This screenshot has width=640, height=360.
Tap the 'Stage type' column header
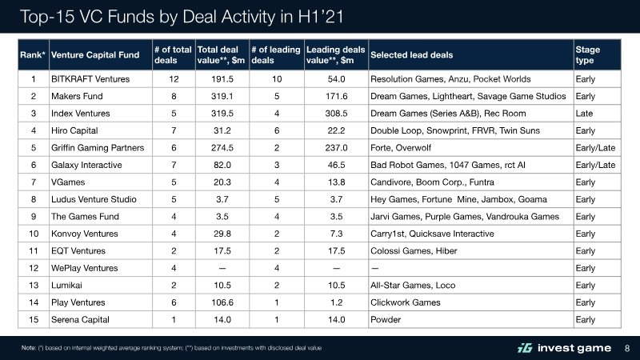[588, 54]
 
